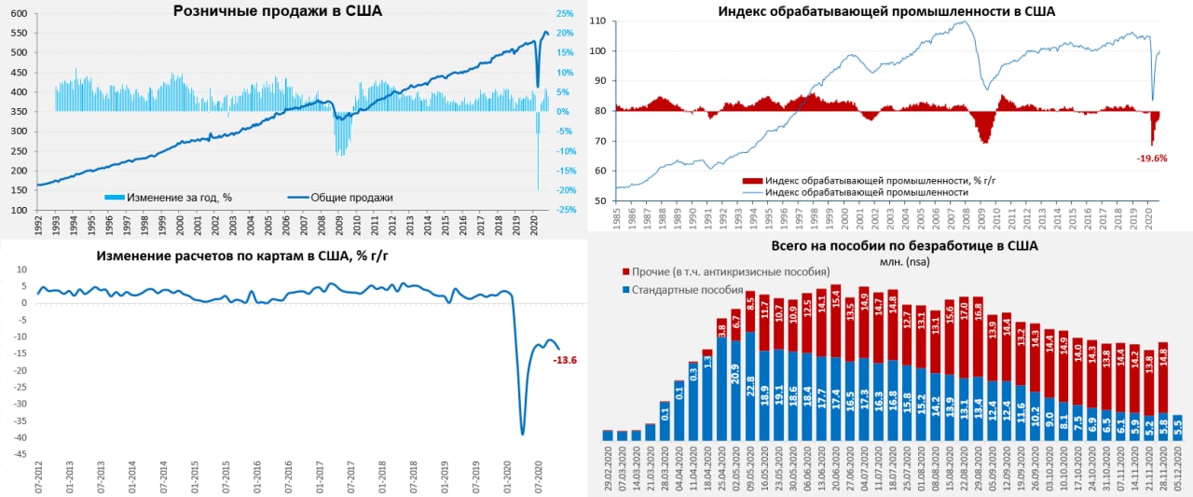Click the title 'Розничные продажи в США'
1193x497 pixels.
[278, 11]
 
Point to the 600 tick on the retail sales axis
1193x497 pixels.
[18, 14]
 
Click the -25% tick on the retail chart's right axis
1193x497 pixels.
[565, 210]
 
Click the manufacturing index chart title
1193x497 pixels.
[885, 11]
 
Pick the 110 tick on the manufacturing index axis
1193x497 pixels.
[598, 21]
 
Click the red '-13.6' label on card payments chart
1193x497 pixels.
[565, 359]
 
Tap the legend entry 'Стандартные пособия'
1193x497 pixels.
[687, 290]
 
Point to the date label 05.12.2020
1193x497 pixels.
[1178, 471]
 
